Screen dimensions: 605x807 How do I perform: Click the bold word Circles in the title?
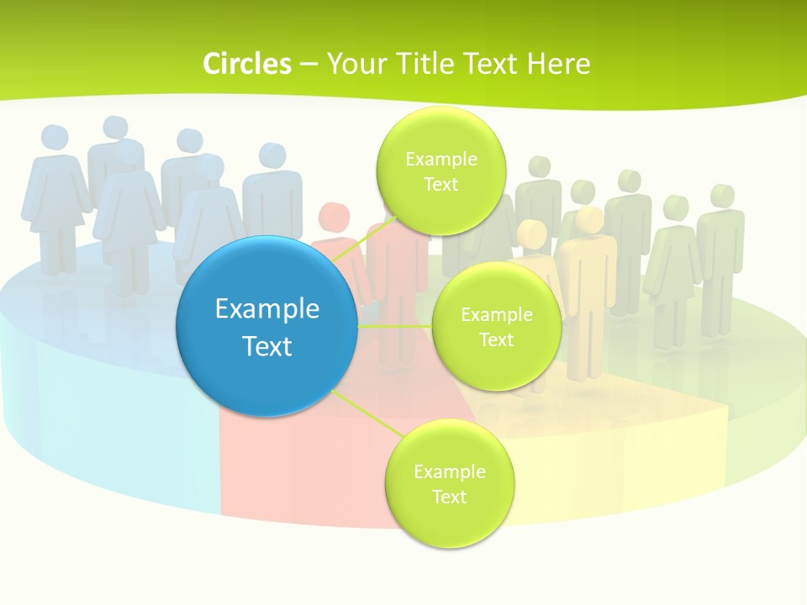pos(247,64)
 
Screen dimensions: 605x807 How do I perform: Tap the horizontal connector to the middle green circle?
pos(395,325)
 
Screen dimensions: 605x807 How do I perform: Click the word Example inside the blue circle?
pos(267,308)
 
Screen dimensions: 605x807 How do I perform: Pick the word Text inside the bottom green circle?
pos(449,497)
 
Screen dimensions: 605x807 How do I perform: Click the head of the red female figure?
pos(335,215)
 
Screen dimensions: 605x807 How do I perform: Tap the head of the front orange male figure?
pos(589,220)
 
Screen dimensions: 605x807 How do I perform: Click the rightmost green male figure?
pos(720,244)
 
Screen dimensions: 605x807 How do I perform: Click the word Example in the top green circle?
pos(440,159)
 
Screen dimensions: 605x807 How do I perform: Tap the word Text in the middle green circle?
pos(496,339)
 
